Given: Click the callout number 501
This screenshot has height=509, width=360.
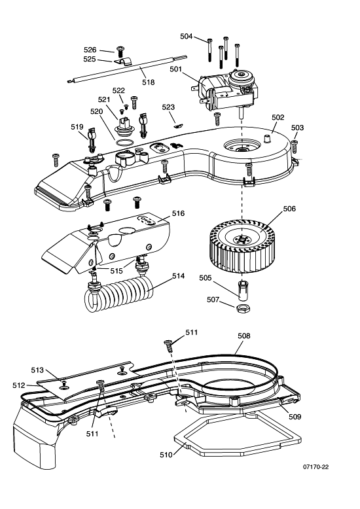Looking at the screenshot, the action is click(175, 69).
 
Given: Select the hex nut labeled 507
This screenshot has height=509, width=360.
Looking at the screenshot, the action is click(243, 307).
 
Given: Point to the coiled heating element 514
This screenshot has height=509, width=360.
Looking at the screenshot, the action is click(118, 294).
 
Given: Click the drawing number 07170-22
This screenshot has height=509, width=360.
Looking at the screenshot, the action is click(315, 466).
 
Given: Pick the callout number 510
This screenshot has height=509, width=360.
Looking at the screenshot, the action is click(166, 455).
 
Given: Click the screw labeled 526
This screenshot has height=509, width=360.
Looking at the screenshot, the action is click(120, 50).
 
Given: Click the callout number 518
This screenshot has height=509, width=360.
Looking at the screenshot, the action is click(149, 82).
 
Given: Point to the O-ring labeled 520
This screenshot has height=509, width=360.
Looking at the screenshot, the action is click(124, 142).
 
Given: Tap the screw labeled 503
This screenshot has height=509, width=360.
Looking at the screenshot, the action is click(295, 147).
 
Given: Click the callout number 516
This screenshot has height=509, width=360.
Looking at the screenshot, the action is click(178, 213).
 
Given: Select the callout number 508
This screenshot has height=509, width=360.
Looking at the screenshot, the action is click(244, 336).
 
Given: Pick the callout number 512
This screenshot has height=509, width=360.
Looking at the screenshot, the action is click(19, 385).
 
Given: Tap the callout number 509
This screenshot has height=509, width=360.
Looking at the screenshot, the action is click(295, 417).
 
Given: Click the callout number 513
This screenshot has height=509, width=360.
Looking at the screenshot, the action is click(37, 370).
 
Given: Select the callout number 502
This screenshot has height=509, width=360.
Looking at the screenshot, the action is click(278, 117).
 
